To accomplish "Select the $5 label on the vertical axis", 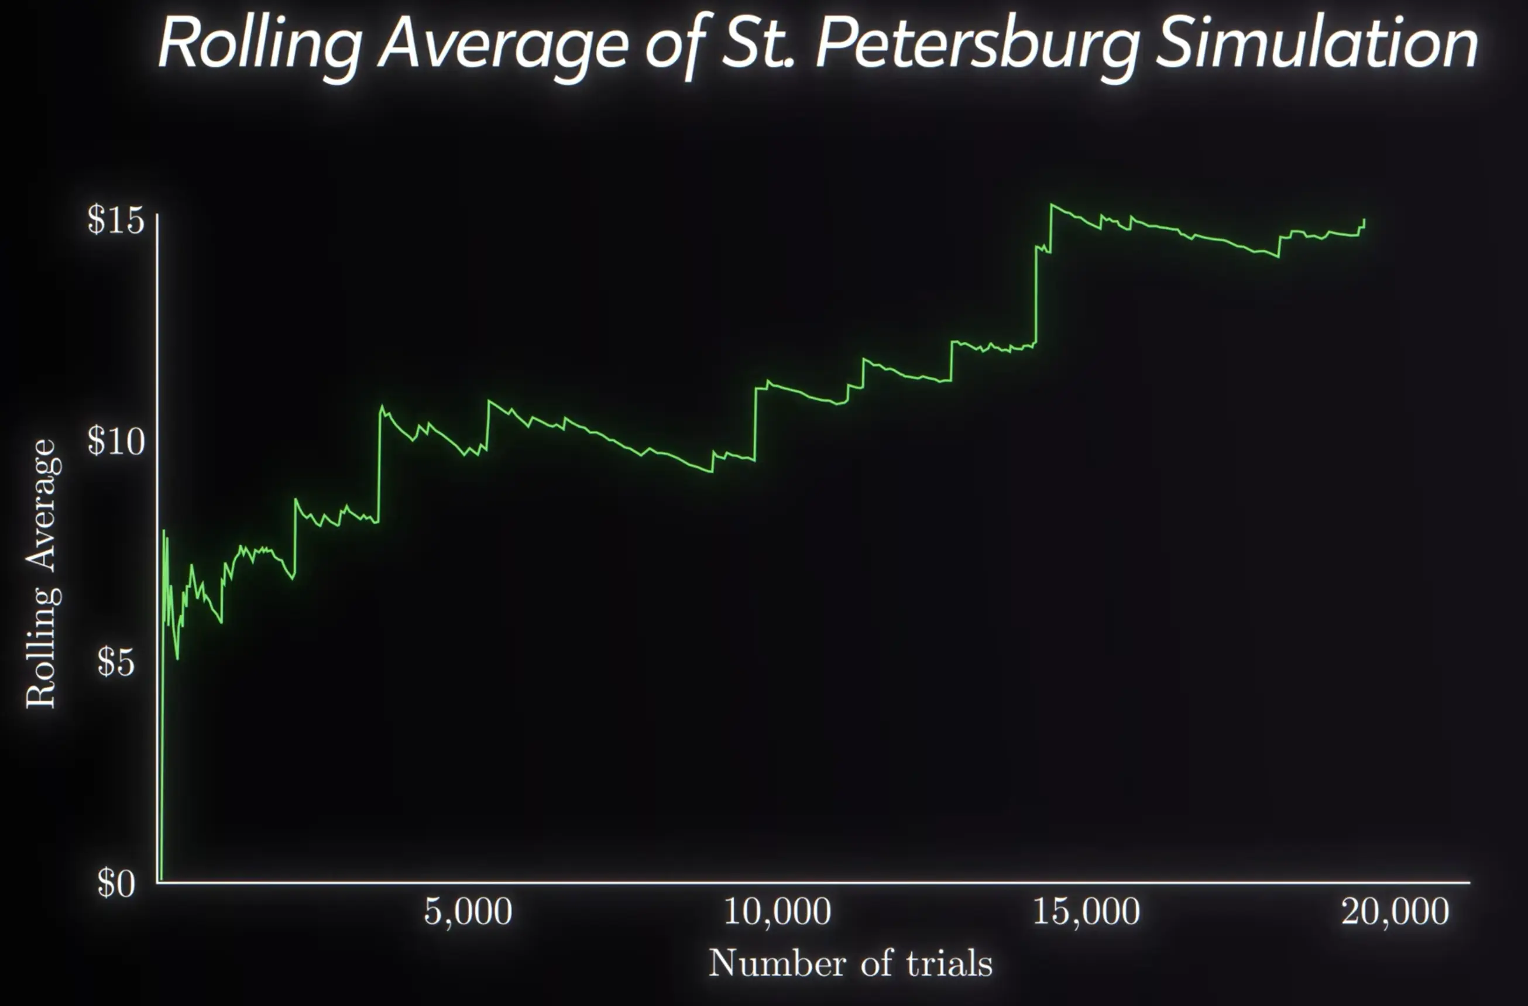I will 116,662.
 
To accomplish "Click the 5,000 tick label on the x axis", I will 468,912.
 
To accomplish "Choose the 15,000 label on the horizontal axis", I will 1086,912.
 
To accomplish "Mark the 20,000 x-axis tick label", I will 1395,912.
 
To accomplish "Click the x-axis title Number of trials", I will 850,964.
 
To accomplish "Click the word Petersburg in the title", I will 977,44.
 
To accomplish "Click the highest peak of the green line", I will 1052,205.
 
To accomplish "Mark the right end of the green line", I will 1364,220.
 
